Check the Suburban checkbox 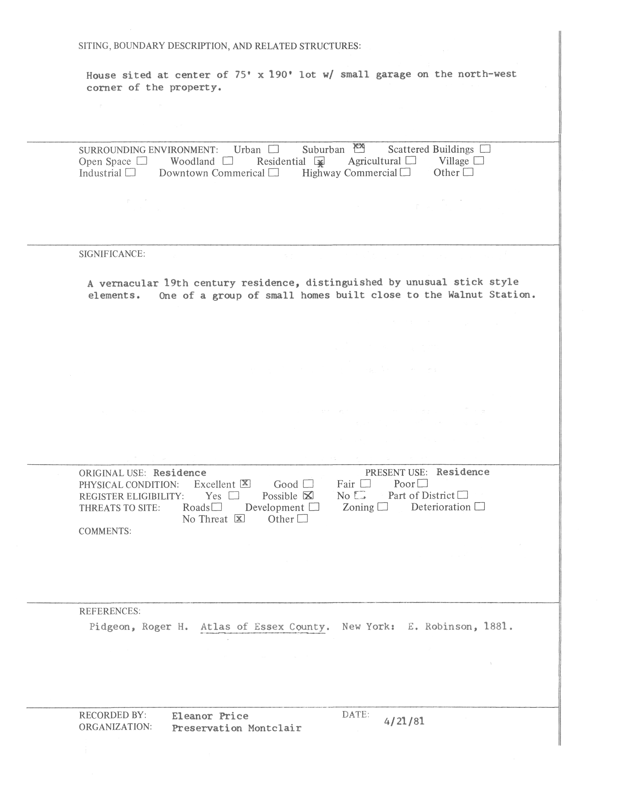359,149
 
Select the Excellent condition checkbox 245,484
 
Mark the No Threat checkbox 239,519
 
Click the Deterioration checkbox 480,507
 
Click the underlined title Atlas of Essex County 263,627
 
